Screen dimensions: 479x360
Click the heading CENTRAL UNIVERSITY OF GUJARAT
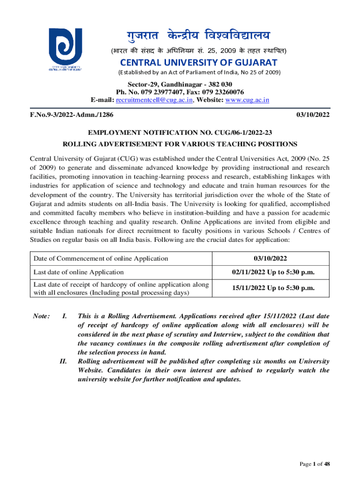[x=193, y=63]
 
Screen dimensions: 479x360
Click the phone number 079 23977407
[x=154, y=92]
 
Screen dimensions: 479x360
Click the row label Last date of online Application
[x=79, y=272]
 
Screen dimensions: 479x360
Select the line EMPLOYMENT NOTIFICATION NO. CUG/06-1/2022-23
[x=180, y=132]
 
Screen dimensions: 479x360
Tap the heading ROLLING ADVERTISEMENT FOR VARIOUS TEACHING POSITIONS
[x=180, y=144]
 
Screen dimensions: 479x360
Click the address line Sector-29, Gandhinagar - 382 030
[x=180, y=84]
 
